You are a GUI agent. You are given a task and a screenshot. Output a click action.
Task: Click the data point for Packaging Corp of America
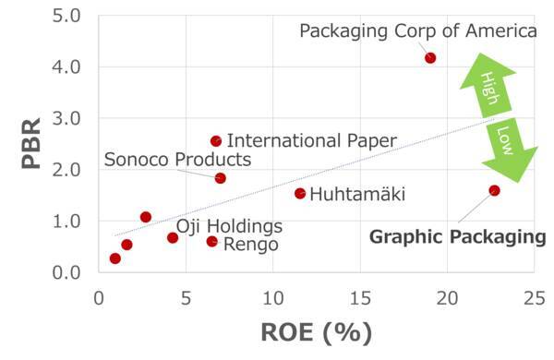tap(430, 58)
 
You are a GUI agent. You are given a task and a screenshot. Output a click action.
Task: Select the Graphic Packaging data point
tap(494, 191)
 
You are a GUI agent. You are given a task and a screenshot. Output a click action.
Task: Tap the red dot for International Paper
tap(216, 141)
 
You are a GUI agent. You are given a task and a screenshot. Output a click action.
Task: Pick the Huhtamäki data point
tap(300, 194)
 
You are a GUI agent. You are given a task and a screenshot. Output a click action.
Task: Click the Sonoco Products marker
tap(220, 178)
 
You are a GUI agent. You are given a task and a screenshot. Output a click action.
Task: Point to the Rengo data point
tap(212, 242)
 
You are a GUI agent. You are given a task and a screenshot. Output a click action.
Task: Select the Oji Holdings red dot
tap(173, 238)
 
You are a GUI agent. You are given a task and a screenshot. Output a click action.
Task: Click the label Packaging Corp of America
tap(418, 31)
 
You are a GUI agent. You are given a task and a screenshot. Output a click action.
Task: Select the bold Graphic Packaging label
tap(458, 237)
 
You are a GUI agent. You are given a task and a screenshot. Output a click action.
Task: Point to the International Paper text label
tap(311, 141)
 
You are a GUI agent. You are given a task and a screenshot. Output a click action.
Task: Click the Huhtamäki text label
tap(357, 195)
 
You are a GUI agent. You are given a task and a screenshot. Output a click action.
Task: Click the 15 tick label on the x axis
tap(360, 297)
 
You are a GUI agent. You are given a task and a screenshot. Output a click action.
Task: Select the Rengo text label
tap(250, 244)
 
